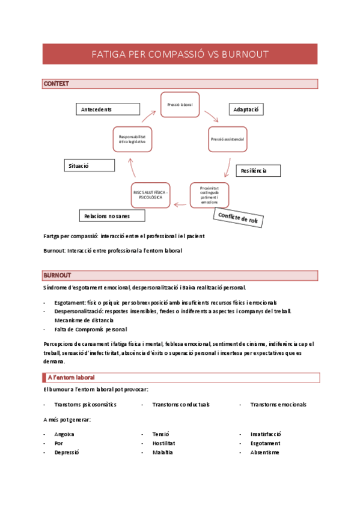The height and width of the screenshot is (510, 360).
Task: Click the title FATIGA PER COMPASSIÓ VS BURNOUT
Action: point(180,54)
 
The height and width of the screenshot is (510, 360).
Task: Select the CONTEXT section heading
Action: point(56,84)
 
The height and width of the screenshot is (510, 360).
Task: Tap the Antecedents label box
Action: point(108,109)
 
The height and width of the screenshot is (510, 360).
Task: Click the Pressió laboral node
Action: point(179,105)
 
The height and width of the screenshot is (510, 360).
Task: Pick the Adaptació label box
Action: point(246,109)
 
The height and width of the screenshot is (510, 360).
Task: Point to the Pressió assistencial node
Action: point(227,140)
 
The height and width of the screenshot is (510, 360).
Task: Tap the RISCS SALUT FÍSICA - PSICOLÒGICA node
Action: point(151,195)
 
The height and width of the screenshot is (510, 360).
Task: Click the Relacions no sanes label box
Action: point(112,215)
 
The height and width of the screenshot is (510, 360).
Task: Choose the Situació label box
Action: point(89,165)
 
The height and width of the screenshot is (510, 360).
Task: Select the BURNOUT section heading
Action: point(58,275)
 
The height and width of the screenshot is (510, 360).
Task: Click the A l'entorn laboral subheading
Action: point(70,377)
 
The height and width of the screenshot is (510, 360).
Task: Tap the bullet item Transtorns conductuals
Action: point(181,405)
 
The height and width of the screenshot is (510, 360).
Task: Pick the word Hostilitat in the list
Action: point(165,443)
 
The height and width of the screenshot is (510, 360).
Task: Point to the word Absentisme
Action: point(264,452)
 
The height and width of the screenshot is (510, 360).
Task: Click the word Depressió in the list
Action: point(67,452)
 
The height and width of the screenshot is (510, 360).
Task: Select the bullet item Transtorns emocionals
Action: point(278,405)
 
